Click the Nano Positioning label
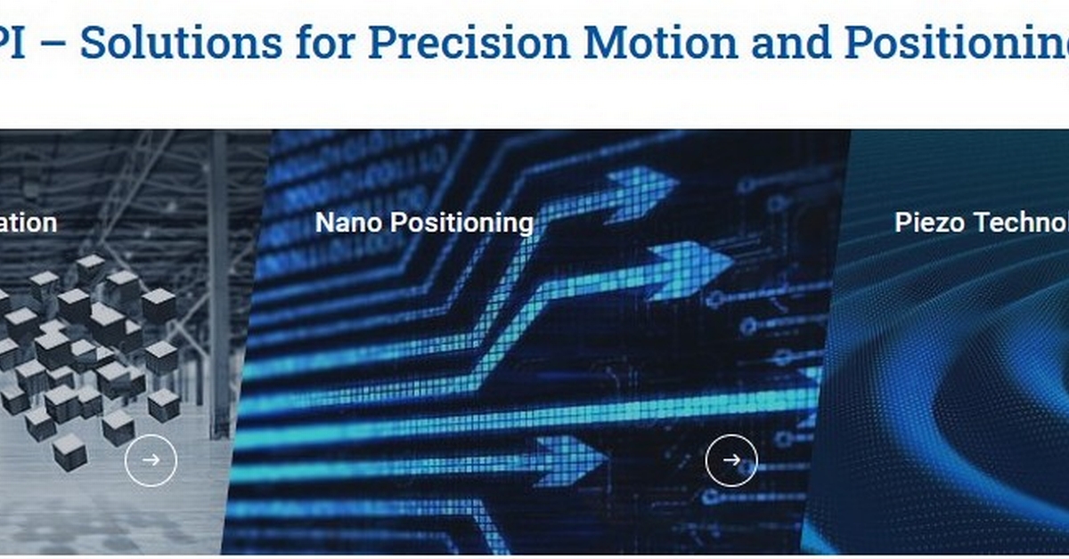coord(424,222)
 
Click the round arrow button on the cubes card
coord(151,459)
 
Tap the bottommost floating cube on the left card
coord(69,451)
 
